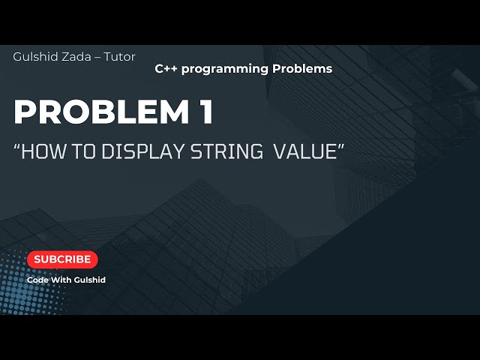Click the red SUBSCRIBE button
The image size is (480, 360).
62,259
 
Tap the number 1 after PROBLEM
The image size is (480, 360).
204,113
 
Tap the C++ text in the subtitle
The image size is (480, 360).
166,68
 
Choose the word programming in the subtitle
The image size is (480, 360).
224,69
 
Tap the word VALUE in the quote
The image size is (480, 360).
305,151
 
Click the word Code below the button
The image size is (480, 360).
38,280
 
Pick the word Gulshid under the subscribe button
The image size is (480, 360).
91,280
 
